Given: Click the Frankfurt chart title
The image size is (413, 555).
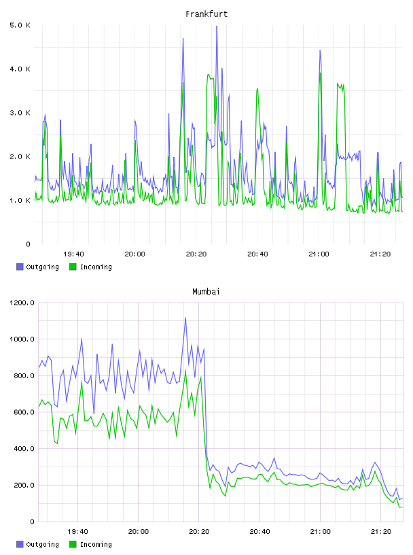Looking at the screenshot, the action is [206, 14].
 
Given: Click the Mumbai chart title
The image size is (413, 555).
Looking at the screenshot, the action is [206, 292].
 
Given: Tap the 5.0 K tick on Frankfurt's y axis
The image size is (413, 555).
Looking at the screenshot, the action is [20, 25].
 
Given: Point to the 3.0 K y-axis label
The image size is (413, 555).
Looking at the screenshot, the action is [20, 113].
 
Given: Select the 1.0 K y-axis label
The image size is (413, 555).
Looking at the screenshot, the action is [20, 201].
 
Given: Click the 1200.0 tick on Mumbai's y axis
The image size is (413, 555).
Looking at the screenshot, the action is [22, 303].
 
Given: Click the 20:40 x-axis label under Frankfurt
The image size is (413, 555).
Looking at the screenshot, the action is [257, 254].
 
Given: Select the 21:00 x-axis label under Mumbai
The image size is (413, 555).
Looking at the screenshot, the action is [320, 532].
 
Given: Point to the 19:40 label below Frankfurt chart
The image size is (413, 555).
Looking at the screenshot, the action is [73, 254].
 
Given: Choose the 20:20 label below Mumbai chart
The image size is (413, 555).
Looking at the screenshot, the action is [199, 532].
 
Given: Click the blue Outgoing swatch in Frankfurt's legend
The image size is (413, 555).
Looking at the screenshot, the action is [20, 267].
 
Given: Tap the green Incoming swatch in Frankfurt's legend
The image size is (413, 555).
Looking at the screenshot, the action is [73, 267].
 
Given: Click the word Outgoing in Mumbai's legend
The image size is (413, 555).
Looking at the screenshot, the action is [42, 544].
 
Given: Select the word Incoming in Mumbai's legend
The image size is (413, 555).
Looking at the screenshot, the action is [96, 544].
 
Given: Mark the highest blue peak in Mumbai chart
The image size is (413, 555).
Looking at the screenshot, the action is [185, 318].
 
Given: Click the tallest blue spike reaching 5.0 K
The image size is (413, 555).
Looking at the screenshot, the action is [217, 27].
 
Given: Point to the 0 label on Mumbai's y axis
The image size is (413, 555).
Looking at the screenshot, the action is [32, 522].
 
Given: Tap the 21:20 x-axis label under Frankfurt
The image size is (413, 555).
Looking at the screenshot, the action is [380, 254].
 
